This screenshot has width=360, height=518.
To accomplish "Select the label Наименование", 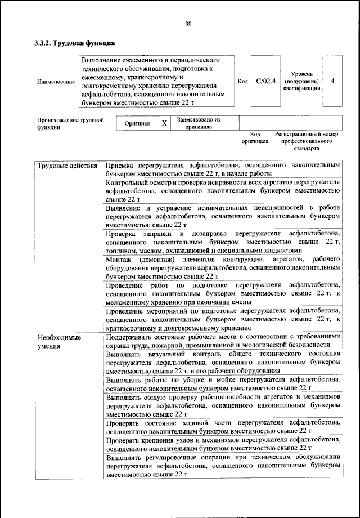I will pyautogui.click(x=56, y=82).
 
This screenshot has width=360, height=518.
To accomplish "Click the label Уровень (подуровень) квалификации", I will pyautogui.click(x=307, y=81).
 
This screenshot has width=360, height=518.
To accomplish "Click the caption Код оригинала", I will pyautogui.click(x=255, y=138).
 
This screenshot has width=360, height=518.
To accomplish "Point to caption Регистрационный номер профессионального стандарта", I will pyautogui.click(x=307, y=141).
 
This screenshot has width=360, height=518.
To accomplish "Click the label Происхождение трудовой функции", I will pyautogui.click(x=71, y=123).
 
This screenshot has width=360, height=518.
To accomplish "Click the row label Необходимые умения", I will pyautogui.click(x=59, y=341).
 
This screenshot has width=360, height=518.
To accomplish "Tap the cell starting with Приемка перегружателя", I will pyautogui.click(x=223, y=169).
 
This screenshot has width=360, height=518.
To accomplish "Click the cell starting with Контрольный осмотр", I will pyautogui.click(x=223, y=191).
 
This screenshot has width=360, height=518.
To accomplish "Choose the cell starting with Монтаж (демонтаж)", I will pyautogui.click(x=223, y=267).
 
